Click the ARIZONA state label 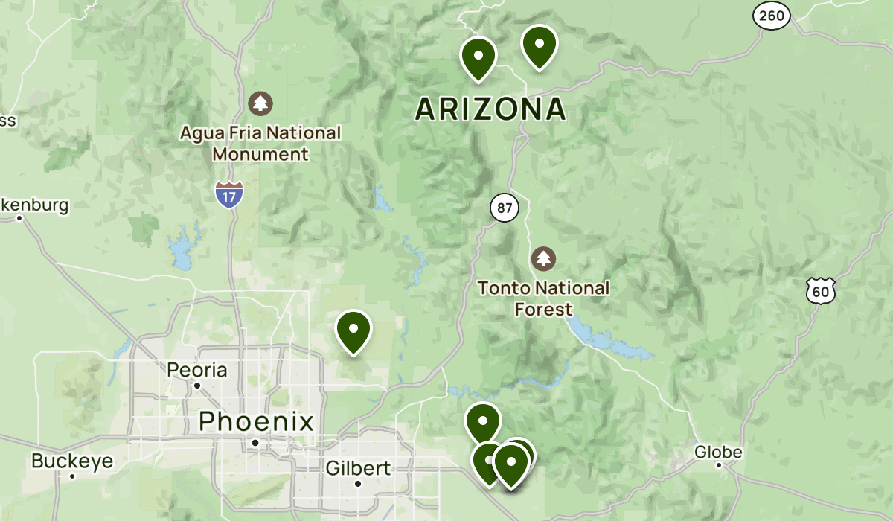click(x=490, y=109)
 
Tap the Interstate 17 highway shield click(x=228, y=194)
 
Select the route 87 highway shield click(x=505, y=208)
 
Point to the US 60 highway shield click(x=820, y=290)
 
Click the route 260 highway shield click(x=771, y=16)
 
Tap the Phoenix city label click(x=256, y=422)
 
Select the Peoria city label click(x=197, y=370)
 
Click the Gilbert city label click(x=358, y=468)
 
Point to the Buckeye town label click(x=72, y=461)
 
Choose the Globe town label click(x=718, y=452)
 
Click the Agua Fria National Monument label click(x=260, y=144)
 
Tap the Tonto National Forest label click(x=543, y=298)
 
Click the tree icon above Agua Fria click(x=260, y=103)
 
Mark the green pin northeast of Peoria click(x=353, y=330)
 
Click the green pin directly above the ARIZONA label click(x=478, y=57)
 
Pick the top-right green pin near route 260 click(x=540, y=45)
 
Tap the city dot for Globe click(x=719, y=465)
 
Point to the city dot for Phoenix click(x=255, y=442)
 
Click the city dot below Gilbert click(x=358, y=484)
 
